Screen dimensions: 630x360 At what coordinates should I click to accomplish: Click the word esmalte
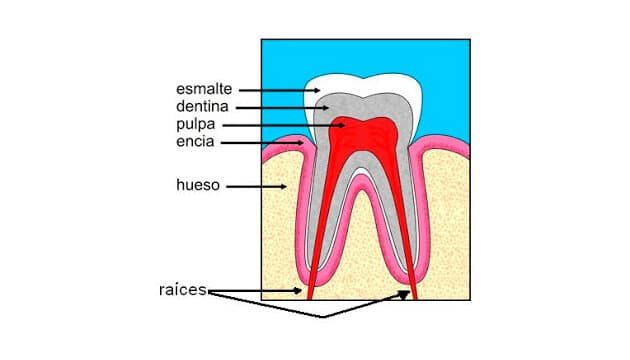pyautogui.click(x=204, y=89)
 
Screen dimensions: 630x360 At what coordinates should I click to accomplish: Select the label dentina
pyautogui.click(x=202, y=106)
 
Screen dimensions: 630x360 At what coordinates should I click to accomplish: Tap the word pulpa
pyautogui.click(x=196, y=125)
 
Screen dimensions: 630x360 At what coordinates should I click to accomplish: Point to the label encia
pyautogui.click(x=195, y=141)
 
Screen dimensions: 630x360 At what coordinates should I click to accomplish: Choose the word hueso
pyautogui.click(x=198, y=185)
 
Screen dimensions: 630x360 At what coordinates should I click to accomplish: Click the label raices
pyautogui.click(x=183, y=290)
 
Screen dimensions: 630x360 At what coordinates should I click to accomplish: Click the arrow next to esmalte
pyautogui.click(x=280, y=90)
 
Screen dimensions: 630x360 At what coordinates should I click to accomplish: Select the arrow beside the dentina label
pyautogui.click(x=282, y=108)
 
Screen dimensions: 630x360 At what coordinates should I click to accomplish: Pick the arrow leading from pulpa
pyautogui.click(x=284, y=125)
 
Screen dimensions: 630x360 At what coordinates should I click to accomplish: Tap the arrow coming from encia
pyautogui.click(x=262, y=143)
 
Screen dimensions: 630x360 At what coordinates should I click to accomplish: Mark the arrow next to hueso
pyautogui.click(x=256, y=186)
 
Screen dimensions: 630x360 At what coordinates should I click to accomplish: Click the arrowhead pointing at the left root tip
pyautogui.click(x=297, y=290)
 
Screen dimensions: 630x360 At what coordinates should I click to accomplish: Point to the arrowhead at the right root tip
pyautogui.click(x=404, y=295)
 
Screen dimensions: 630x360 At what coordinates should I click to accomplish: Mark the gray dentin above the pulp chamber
pyautogui.click(x=363, y=106)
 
